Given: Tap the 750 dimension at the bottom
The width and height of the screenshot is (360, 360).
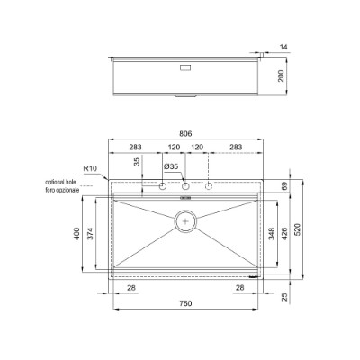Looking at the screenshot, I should (x=184, y=304).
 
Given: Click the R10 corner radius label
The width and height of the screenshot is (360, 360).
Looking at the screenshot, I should (x=89, y=168).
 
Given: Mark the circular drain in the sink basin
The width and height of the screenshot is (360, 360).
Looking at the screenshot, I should (x=184, y=219).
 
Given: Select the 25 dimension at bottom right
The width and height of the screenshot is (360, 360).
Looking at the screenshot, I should (x=284, y=296).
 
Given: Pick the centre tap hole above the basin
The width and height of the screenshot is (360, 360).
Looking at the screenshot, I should (x=184, y=187).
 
